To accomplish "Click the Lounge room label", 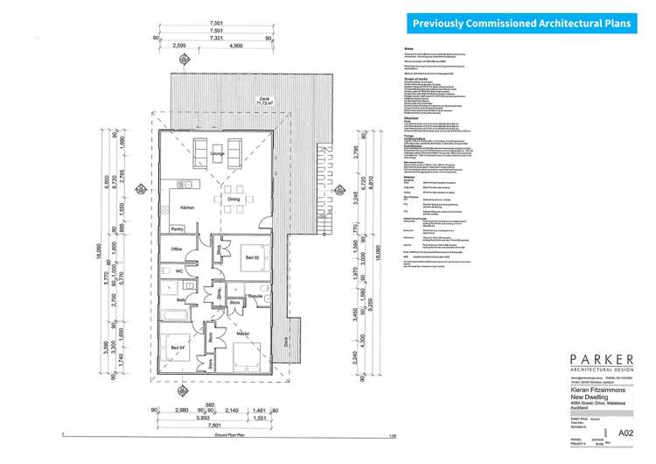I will point(217,153).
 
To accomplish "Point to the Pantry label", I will point(177,229).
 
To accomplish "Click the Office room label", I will point(177,250).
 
